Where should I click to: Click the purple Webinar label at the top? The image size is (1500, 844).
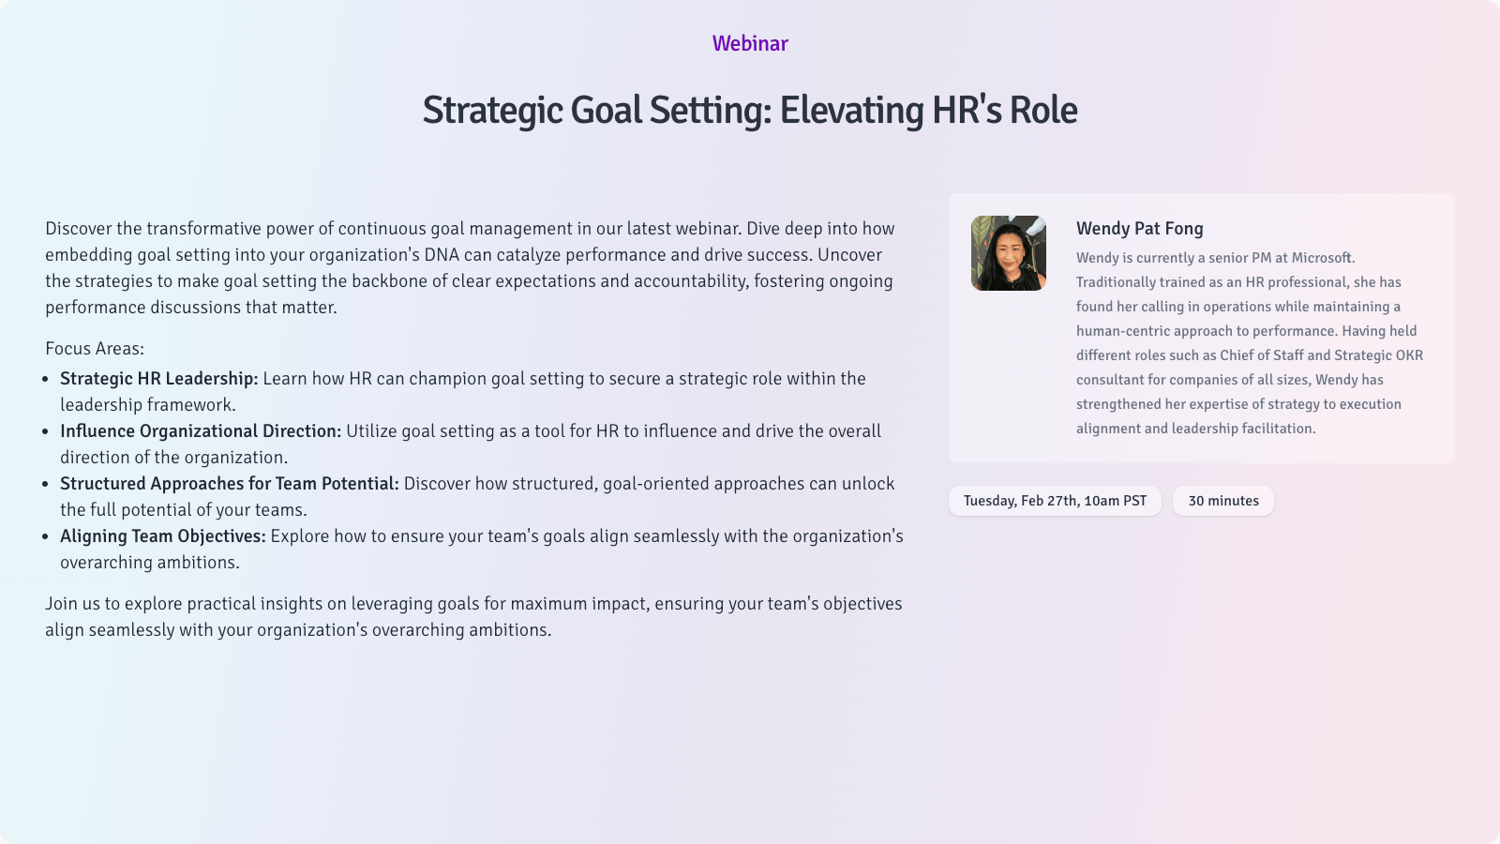point(750,43)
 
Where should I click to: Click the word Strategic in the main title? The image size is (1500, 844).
point(492,111)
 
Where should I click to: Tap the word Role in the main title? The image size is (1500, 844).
point(1043,110)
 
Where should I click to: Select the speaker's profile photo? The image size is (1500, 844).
point(1009,253)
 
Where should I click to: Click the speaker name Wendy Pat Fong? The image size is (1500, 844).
point(1140,229)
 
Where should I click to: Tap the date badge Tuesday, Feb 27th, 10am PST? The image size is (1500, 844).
point(1055,501)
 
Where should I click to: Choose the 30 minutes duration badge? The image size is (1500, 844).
point(1223,501)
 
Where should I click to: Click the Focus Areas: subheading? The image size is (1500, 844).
point(95,348)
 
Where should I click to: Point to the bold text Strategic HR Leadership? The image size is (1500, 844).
point(158,379)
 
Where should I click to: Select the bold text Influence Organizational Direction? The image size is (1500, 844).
point(201,430)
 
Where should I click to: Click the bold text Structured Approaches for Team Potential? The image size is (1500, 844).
point(229,484)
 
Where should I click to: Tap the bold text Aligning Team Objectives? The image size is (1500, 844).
point(163,535)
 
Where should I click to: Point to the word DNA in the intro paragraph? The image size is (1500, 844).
point(442,254)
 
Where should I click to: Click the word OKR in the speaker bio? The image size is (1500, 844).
point(1409,355)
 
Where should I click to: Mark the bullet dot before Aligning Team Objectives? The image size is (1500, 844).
point(46,536)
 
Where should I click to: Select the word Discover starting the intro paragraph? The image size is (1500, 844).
point(79,229)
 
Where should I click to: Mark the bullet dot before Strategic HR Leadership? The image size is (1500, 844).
point(46,379)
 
